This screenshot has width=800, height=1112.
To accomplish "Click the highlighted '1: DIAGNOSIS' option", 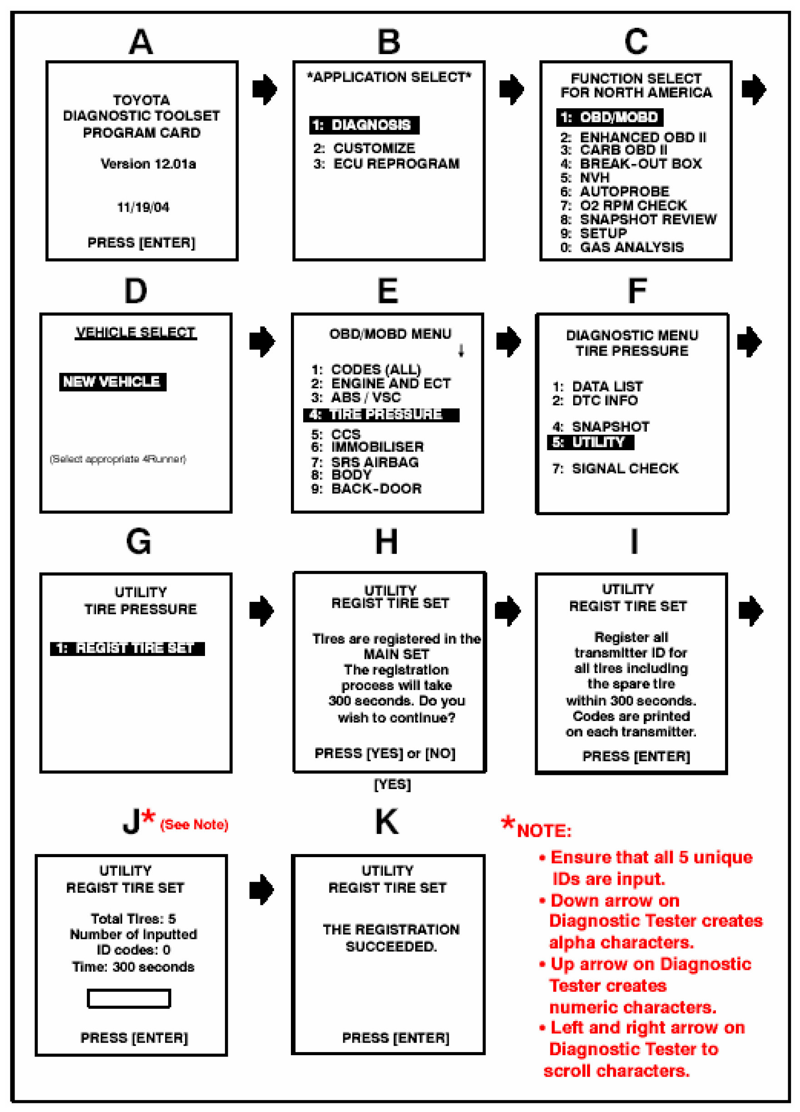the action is click(364, 125).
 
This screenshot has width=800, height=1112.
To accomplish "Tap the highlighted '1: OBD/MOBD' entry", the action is click(609, 117).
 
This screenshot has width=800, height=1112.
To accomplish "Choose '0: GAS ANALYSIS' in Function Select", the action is click(622, 247).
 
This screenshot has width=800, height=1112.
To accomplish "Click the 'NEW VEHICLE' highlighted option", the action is click(112, 382).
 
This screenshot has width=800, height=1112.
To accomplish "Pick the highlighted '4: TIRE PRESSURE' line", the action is click(380, 415).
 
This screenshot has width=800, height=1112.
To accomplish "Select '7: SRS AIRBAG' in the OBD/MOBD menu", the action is click(365, 462).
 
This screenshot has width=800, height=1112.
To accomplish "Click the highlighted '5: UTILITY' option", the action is click(590, 442).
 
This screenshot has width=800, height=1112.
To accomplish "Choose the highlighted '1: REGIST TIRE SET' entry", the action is click(127, 649).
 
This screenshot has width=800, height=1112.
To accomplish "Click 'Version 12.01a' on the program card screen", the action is click(148, 164).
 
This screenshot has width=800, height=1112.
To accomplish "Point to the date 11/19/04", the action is click(143, 208).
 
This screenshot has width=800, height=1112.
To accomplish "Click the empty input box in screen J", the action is click(129, 998).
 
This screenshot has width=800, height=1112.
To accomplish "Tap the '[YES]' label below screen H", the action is click(392, 784).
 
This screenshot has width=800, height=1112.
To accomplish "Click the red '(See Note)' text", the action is click(194, 824).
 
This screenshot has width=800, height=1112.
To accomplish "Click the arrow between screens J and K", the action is click(261, 889).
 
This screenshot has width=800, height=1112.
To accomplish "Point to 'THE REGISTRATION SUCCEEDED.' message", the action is click(391, 938).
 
